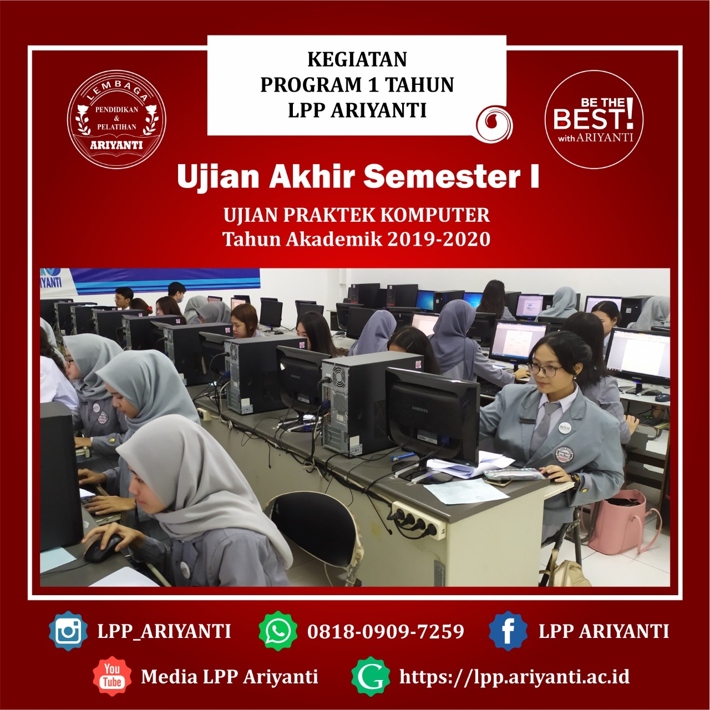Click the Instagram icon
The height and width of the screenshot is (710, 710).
(68, 631)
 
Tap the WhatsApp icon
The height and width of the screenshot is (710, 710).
(278, 631)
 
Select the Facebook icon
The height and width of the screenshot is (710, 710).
(508, 631)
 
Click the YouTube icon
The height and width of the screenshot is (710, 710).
(112, 676)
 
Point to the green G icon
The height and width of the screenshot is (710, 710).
(371, 676)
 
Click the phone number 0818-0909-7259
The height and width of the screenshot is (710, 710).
(386, 631)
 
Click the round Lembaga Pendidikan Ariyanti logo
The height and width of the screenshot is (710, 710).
(116, 119)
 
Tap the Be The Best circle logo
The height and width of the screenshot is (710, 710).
(594, 119)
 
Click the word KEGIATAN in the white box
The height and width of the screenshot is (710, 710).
(357, 59)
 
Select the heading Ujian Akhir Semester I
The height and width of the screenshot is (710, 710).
(358, 177)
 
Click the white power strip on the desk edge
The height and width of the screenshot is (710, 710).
(419, 520)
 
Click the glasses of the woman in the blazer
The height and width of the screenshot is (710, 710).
(545, 369)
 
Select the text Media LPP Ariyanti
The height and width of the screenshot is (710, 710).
(230, 677)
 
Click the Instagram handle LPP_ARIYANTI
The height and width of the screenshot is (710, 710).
(164, 631)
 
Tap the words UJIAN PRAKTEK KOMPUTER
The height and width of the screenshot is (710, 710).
(357, 215)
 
